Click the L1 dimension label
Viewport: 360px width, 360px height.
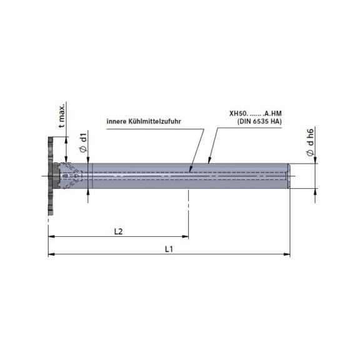click(x=169, y=249)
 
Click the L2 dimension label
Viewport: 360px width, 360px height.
click(x=119, y=231)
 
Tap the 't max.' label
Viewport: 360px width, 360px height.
click(x=62, y=116)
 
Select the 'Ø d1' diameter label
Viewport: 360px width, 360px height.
click(x=84, y=142)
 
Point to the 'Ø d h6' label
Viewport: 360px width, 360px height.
click(x=310, y=142)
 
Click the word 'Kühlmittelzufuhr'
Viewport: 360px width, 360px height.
click(x=155, y=121)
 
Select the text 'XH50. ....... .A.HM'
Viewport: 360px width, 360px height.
click(x=255, y=113)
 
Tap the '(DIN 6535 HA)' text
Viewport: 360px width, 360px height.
click(x=259, y=121)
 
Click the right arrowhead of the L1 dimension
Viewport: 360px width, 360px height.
click(x=287, y=254)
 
